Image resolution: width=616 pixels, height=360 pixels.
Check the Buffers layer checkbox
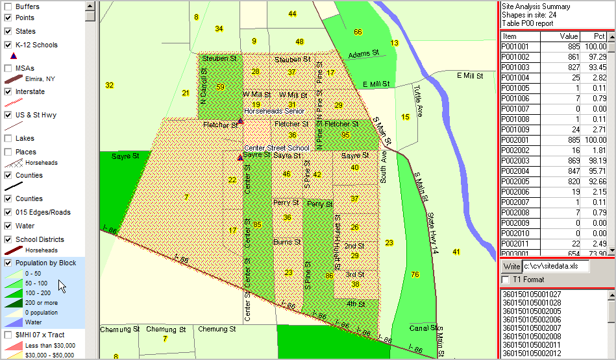8,6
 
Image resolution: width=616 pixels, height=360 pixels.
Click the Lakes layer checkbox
8,138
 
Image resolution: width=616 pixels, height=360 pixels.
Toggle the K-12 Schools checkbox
8,45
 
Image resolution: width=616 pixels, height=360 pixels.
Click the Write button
511,267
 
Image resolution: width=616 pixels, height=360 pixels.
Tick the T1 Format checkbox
505,280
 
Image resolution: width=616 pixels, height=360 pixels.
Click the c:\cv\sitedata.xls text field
556,267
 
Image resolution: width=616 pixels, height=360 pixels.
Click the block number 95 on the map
345,135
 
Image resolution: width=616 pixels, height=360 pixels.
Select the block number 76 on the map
415,274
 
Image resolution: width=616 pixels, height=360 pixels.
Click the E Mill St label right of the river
470,76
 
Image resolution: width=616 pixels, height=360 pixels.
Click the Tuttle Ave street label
419,101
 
